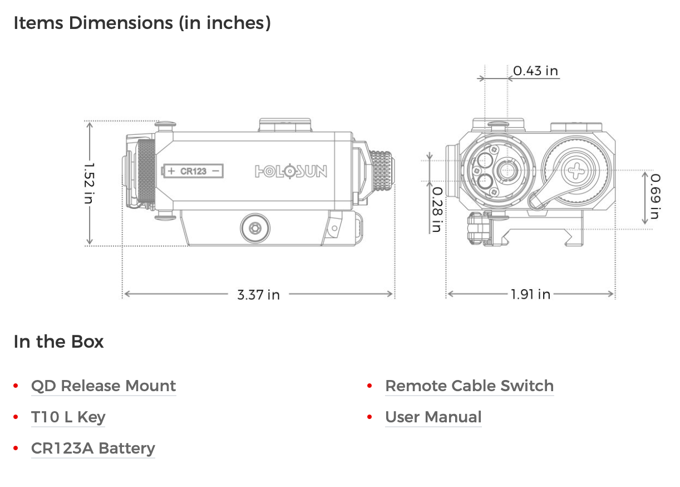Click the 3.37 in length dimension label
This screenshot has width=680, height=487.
(258, 294)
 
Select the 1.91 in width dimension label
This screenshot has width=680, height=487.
(530, 294)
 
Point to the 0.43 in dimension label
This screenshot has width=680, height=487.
(535, 71)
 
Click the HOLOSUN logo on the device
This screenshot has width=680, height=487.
(291, 171)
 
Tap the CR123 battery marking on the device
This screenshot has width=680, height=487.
(193, 171)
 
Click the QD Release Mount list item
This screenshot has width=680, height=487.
(104, 386)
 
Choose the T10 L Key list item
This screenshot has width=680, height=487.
(68, 417)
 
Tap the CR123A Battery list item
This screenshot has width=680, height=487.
(93, 448)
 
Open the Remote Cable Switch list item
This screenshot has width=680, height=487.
(469, 386)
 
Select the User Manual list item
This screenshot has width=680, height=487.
(433, 417)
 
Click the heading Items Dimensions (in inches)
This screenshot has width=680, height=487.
(142, 23)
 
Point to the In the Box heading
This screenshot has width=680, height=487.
(58, 341)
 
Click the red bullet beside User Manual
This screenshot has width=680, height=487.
(369, 417)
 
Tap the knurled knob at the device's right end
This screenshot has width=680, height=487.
(381, 170)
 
